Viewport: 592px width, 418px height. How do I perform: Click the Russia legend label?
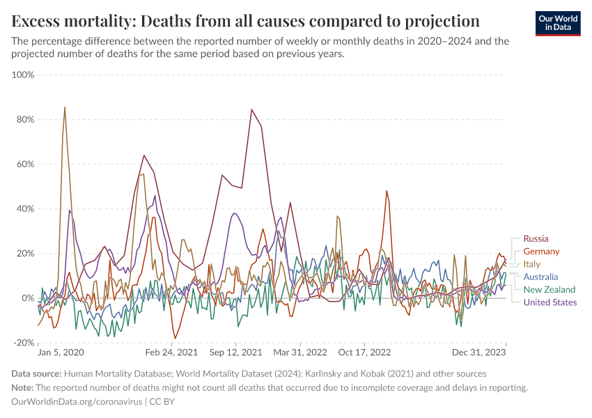click(x=536, y=239)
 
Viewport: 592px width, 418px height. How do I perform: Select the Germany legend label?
click(x=541, y=251)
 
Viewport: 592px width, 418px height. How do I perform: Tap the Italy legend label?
click(x=532, y=264)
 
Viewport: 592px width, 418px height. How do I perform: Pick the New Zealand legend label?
click(x=550, y=289)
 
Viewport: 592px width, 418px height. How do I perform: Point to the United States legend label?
click(x=550, y=302)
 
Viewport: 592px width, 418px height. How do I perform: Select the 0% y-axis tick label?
click(x=27, y=298)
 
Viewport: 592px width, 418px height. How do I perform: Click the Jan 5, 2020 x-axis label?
click(x=61, y=353)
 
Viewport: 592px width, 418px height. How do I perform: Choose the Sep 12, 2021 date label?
click(x=236, y=353)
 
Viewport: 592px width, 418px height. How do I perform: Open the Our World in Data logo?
click(x=557, y=22)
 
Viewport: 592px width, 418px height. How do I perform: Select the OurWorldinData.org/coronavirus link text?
click(x=77, y=402)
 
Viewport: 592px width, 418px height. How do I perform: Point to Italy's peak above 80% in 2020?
click(x=65, y=107)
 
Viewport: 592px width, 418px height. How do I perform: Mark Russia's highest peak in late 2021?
click(x=251, y=109)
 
